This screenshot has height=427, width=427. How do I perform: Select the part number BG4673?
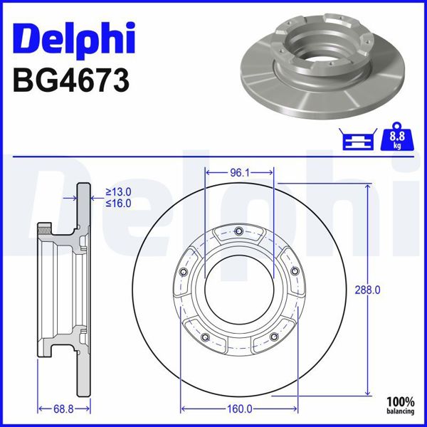pyautogui.click(x=71, y=80)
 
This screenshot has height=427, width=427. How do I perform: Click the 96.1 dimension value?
pyautogui.click(x=239, y=172)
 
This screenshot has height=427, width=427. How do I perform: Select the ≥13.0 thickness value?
pyautogui.click(x=119, y=192)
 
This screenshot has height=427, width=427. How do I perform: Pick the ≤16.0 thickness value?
pyautogui.click(x=119, y=204)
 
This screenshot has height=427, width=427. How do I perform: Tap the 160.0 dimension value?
pyautogui.click(x=239, y=408)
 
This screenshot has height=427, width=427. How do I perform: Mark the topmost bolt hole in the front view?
pyautogui.click(x=239, y=230)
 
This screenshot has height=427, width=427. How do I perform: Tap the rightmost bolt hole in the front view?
pyautogui.click(x=295, y=271)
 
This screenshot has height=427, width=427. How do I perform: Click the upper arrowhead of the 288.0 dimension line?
pyautogui.click(x=367, y=186)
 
